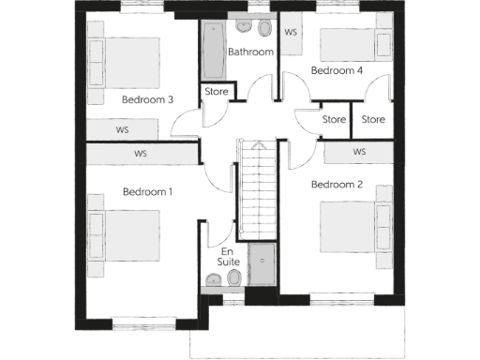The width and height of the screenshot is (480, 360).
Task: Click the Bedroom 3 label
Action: click(147, 99)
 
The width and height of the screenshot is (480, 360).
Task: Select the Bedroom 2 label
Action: click(337, 184)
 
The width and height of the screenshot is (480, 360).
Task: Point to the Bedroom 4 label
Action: click(337, 70)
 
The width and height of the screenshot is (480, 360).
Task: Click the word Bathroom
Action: click(250, 52)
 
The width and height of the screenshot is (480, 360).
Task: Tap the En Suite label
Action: click(228, 258)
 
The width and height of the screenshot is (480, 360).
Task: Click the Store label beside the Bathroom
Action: click(217, 92)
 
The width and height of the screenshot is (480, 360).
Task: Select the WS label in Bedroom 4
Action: click(291, 32)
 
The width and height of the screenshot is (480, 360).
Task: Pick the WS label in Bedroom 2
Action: click(359, 151)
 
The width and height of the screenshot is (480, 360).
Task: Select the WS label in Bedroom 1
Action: click(141, 153)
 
